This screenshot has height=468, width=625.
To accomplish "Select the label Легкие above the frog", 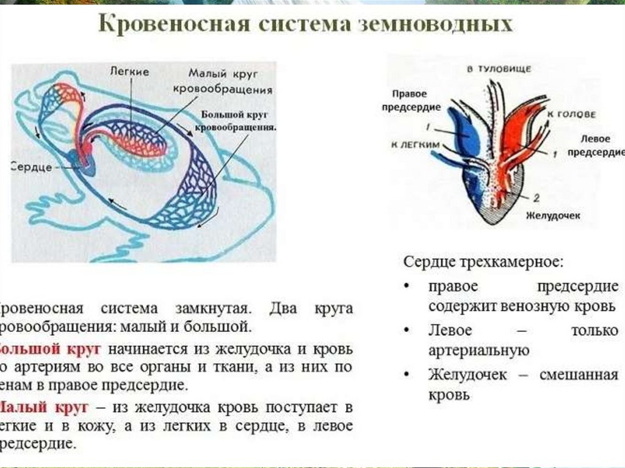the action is click(x=130, y=71).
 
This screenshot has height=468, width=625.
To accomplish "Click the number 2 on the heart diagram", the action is click(x=536, y=198).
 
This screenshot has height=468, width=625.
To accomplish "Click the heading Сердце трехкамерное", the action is click(x=483, y=262).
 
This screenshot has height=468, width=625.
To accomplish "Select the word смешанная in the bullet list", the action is click(x=578, y=375).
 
